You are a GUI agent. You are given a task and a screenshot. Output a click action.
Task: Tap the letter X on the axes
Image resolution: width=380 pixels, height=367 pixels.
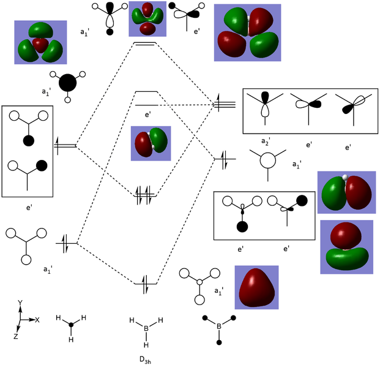click(37, 320)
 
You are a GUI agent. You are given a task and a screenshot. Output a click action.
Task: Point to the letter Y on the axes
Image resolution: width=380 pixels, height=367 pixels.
click(20, 303)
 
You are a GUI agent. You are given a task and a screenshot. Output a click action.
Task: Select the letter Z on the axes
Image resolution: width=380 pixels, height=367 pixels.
click(15, 336)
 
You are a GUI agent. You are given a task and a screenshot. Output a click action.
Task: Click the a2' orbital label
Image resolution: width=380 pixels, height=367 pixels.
click(265, 142)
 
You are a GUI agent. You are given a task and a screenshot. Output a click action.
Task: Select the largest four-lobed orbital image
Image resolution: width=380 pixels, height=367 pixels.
click(247, 33)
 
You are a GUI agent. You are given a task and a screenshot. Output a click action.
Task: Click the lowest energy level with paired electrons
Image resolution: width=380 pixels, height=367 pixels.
click(146, 282)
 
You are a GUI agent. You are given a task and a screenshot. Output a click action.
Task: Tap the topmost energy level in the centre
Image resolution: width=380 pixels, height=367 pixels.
click(145, 44)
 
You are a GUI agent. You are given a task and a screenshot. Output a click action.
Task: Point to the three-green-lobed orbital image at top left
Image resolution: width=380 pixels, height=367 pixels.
click(40, 42)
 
